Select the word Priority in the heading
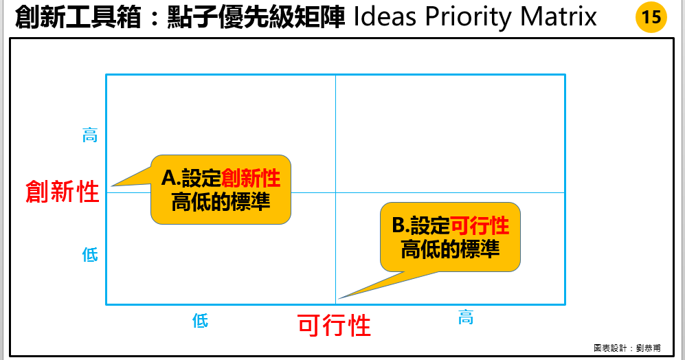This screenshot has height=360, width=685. (469, 16)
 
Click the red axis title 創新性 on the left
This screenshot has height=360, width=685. (62, 192)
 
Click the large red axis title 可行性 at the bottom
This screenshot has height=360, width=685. (334, 324)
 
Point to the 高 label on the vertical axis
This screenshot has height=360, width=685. (90, 135)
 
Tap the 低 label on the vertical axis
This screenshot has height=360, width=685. (90, 255)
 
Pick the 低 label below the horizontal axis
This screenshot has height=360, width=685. (200, 320)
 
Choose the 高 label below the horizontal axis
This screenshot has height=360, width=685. (466, 317)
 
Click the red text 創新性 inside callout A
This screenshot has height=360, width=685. (251, 179)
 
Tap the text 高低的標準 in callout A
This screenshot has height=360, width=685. (221, 203)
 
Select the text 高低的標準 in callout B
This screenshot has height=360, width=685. (450, 249)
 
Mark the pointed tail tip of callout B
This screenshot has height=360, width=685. (339, 297)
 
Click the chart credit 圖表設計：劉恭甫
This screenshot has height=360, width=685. (627, 348)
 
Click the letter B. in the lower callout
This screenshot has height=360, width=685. (400, 225)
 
